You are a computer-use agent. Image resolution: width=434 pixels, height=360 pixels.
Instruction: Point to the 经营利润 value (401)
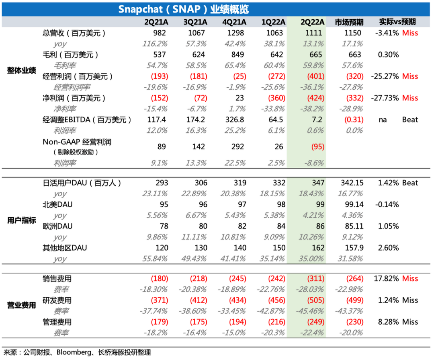coord(314,76)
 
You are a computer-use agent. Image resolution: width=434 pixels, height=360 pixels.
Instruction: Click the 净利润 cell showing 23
coord(240,98)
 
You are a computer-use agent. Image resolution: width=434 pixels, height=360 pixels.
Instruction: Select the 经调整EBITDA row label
coord(87,119)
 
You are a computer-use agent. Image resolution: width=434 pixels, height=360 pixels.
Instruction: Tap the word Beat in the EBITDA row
coord(410,119)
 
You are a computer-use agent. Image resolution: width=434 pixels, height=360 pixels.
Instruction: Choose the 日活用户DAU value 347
coord(317,183)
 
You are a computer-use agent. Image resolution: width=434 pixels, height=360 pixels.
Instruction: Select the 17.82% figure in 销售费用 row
coord(387,279)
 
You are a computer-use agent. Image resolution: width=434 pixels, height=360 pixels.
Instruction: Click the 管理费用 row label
coord(57,322)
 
